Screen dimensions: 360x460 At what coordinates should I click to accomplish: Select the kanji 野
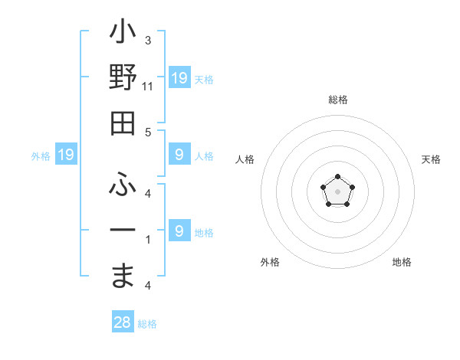[x=123, y=79]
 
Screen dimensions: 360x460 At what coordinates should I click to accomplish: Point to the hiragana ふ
[x=123, y=184]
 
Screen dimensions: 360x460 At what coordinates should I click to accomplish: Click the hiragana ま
[x=123, y=275]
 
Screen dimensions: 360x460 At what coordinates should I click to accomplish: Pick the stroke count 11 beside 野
[x=148, y=87]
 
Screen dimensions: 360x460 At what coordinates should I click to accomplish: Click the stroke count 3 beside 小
[x=148, y=40]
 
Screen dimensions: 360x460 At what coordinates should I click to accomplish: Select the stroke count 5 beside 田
[x=148, y=132]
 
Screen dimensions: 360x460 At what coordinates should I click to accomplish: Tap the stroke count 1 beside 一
[x=148, y=240]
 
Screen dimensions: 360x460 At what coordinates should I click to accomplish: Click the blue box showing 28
[x=123, y=323]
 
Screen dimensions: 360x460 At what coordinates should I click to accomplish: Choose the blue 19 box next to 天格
[x=179, y=78]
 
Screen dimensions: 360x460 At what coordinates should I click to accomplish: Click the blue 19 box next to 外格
[x=66, y=155]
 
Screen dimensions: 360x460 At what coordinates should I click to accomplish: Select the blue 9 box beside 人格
[x=179, y=155]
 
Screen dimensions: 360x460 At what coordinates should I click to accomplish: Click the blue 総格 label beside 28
[x=147, y=324]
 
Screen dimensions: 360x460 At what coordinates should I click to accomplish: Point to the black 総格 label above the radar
[x=337, y=100]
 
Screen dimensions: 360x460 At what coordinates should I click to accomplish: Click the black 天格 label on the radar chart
[x=431, y=159]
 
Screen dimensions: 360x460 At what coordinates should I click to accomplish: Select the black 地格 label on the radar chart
[x=402, y=262]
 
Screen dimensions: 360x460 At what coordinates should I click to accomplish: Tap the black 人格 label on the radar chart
[x=245, y=159]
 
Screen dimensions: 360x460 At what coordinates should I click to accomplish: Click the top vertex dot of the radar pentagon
[x=337, y=178]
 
